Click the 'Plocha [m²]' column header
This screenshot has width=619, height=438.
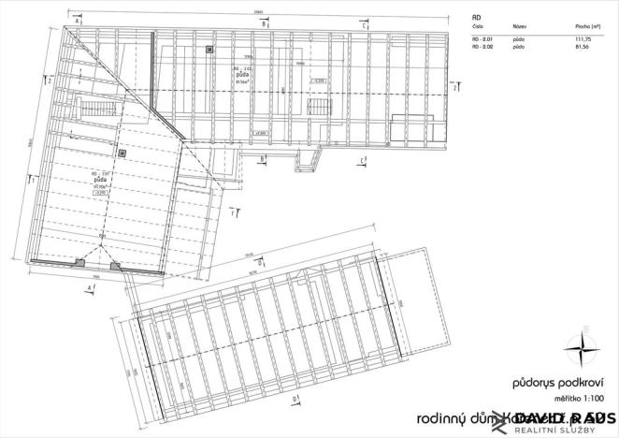(x=587, y=28)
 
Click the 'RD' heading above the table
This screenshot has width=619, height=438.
(x=476, y=18)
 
